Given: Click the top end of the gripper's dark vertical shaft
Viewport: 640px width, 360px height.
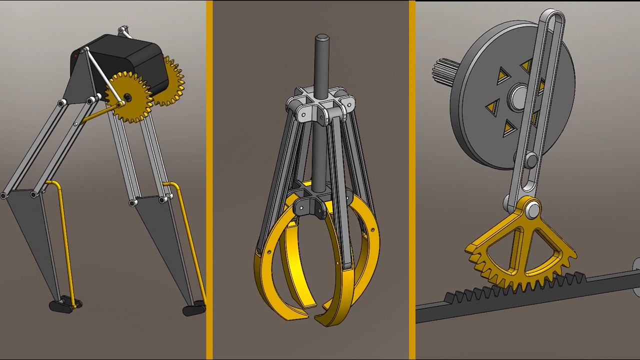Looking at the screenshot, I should [321, 38].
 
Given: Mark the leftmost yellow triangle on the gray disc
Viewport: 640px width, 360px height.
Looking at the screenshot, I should [493, 106].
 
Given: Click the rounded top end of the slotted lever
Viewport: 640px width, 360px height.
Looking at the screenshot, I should [552, 17].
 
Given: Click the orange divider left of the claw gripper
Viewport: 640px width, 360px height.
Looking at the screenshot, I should [209, 180].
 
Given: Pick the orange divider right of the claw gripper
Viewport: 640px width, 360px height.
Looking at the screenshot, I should [412, 180].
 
